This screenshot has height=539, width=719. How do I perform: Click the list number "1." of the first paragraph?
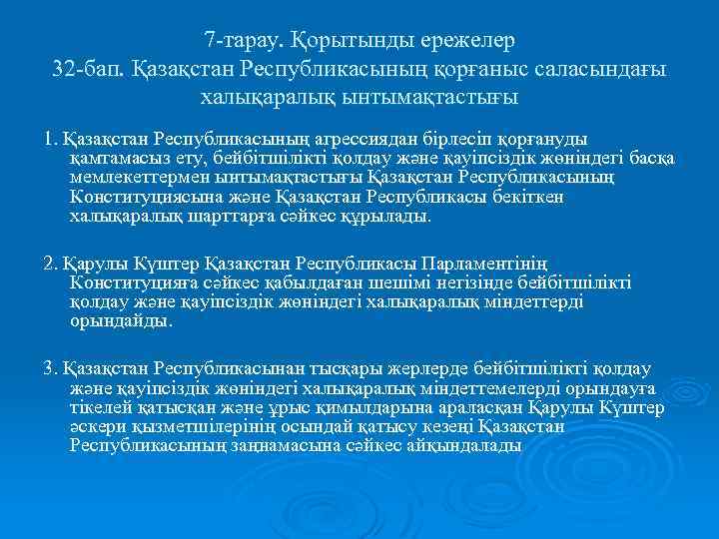pyautogui.click(x=51, y=139)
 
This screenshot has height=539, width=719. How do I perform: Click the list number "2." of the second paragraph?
pyautogui.click(x=51, y=264)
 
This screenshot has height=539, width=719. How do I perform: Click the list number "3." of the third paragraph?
pyautogui.click(x=51, y=368)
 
